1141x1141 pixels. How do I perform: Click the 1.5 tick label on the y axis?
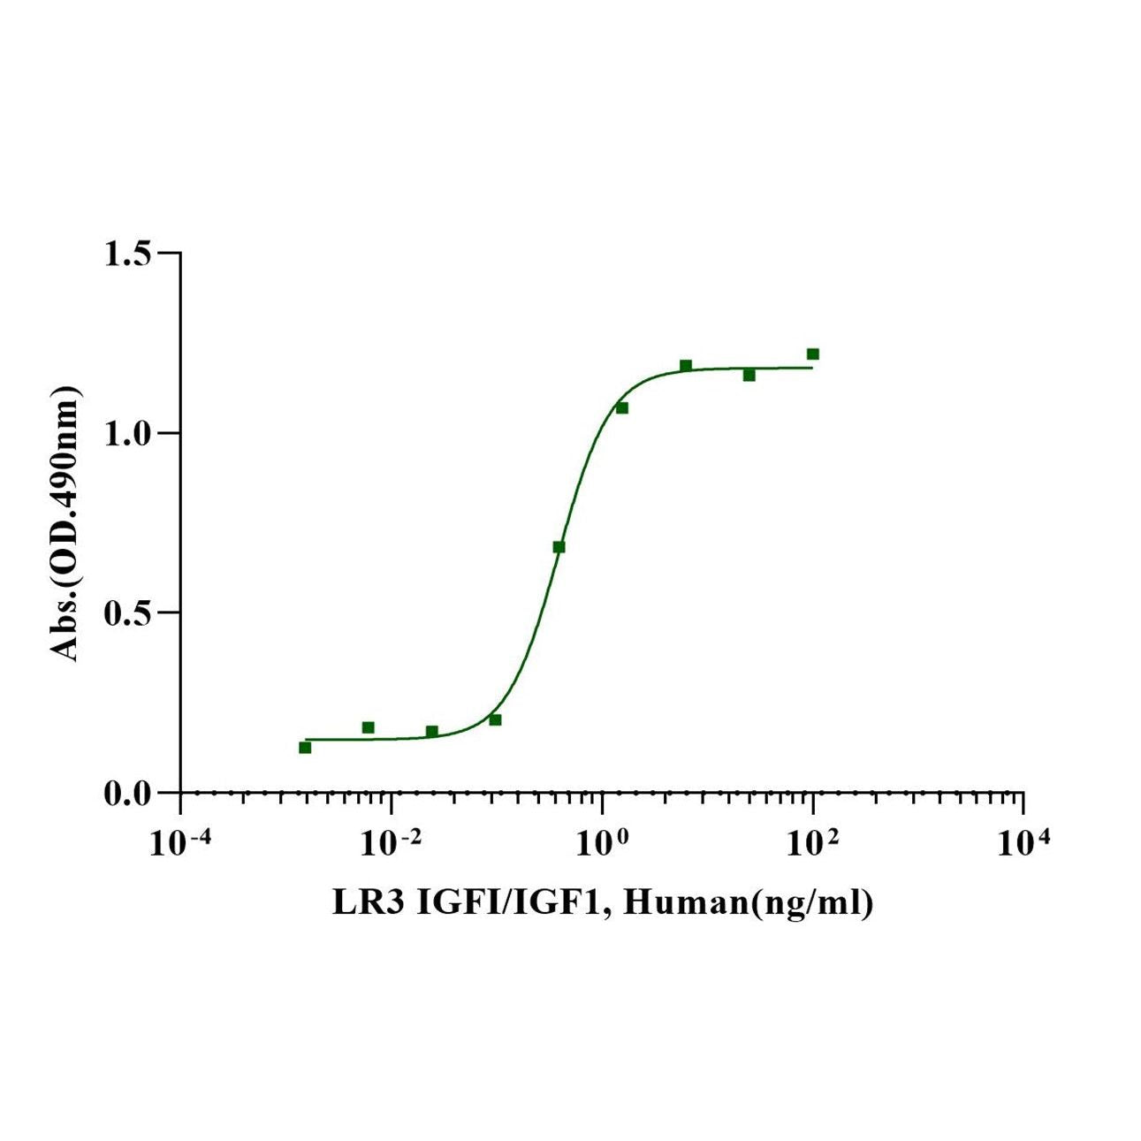pyautogui.click(x=128, y=254)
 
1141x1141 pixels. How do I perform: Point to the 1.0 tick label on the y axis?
pyautogui.click(x=128, y=434)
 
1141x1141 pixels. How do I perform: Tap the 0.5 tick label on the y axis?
pyautogui.click(x=128, y=613)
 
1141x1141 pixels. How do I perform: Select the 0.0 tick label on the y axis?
pyautogui.click(x=128, y=794)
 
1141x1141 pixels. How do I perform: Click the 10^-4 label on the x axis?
pyautogui.click(x=181, y=842)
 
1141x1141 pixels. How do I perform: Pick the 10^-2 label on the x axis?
pyautogui.click(x=392, y=842)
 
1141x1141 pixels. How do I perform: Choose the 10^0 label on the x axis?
pyautogui.click(x=603, y=842)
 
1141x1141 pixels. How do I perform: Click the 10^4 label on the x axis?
pyautogui.click(x=1023, y=842)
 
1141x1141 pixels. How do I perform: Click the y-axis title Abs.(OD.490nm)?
pyautogui.click(x=65, y=524)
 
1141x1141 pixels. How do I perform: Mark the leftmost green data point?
pyautogui.click(x=305, y=748)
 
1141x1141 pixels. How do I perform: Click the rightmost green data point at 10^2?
pyautogui.click(x=813, y=354)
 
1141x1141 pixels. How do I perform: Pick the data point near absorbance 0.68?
pyautogui.click(x=559, y=547)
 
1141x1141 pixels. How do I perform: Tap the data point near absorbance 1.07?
pyautogui.click(x=622, y=407)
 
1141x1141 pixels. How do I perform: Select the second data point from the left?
pyautogui.click(x=369, y=727)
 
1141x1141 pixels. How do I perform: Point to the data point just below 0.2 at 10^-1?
pyautogui.click(x=495, y=719)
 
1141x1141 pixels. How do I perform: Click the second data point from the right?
pyautogui.click(x=749, y=375)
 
